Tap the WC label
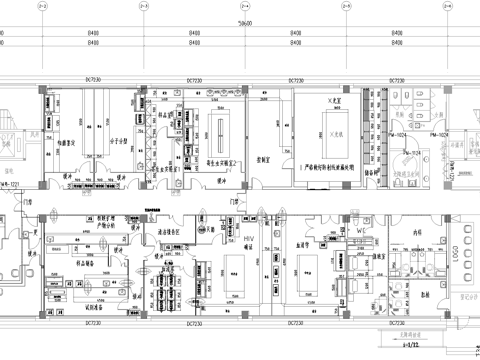click(x=364, y=232)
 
